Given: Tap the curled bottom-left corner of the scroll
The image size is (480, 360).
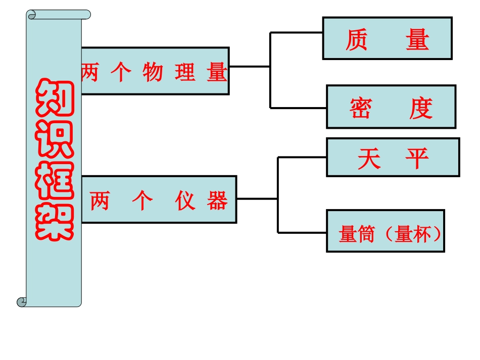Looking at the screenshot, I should (22, 302).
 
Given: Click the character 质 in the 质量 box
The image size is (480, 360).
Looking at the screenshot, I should (356, 40).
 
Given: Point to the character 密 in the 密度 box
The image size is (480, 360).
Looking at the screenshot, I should (360, 108).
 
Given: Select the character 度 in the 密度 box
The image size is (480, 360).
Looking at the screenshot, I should (420, 108).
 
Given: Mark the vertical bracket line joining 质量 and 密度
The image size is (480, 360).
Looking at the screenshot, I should (270, 71).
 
